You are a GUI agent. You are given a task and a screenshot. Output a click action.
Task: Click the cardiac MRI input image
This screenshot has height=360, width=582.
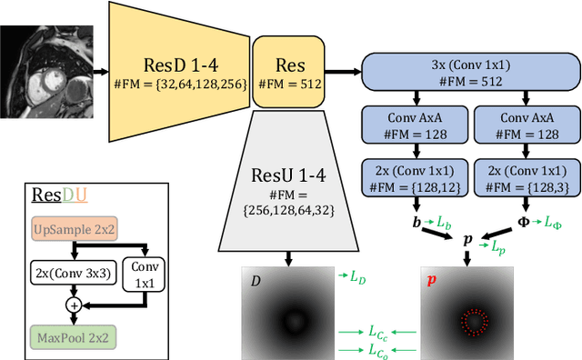[49, 67]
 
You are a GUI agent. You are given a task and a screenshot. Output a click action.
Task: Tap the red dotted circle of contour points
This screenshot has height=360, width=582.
[473, 320]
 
